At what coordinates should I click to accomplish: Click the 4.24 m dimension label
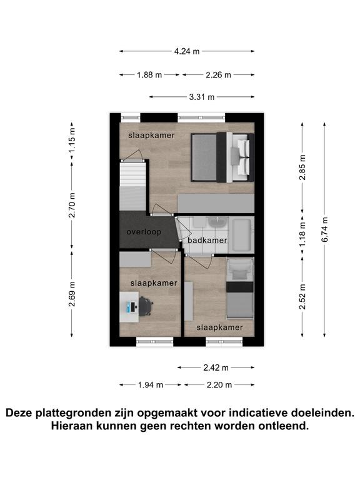[x=187, y=51]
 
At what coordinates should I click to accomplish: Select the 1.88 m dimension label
[x=149, y=75]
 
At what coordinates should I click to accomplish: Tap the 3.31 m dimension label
[x=202, y=97]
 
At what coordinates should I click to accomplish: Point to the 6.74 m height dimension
[x=325, y=229]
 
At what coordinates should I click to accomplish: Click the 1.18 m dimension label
[x=302, y=234]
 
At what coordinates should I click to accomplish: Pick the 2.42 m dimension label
[x=216, y=367]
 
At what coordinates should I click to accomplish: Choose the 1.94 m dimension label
[x=150, y=385]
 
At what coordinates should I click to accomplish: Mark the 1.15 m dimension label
[x=72, y=140]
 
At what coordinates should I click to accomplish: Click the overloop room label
[x=144, y=232]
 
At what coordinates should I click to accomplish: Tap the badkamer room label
[x=207, y=240]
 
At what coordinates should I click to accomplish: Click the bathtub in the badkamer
[x=241, y=235]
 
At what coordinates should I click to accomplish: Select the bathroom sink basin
[x=217, y=222]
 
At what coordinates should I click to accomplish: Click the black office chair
[x=146, y=306]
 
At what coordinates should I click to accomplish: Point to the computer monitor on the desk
[x=133, y=307]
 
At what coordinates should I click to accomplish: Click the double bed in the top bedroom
[x=222, y=157]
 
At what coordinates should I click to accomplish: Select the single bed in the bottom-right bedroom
[x=240, y=287]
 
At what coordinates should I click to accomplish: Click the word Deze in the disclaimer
[x=19, y=412]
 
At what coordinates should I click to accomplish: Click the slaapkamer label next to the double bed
[x=151, y=135]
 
